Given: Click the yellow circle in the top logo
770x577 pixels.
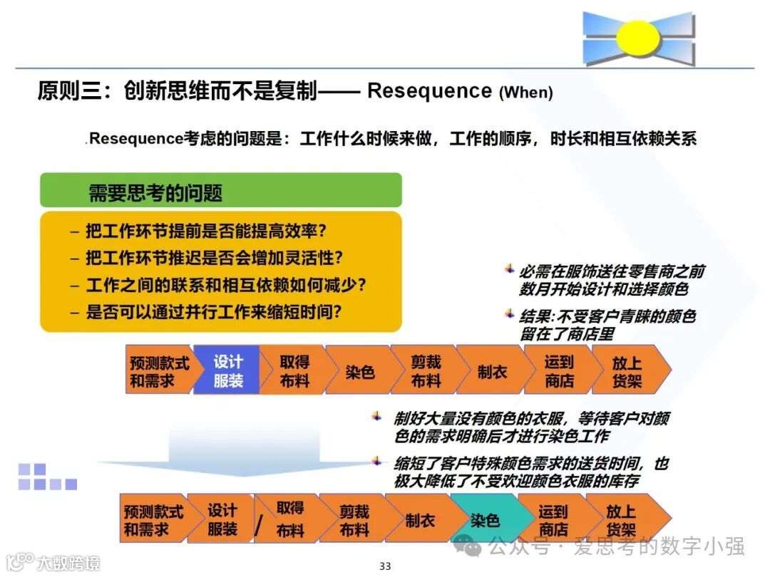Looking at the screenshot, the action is point(638,38).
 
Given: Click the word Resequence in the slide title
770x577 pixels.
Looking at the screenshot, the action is point(429,90).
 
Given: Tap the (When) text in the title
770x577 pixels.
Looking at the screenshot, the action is point(525,92).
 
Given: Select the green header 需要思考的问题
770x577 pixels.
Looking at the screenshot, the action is point(220,191).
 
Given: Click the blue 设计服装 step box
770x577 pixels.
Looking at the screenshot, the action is point(227,371).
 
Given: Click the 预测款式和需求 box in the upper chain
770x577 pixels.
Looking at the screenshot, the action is point(158,371).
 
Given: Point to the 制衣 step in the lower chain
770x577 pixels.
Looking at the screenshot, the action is point(420,520).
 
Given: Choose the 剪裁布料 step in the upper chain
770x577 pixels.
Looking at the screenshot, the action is point(426,371).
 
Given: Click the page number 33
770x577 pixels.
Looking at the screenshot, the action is point(385,566).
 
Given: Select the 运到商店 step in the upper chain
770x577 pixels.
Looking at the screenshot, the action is point(559,371).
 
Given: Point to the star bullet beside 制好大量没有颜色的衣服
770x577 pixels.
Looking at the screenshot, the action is point(376,416).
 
